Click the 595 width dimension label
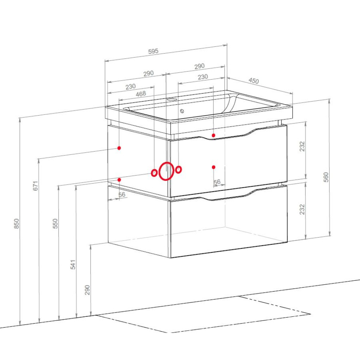[153, 51]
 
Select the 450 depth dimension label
[254, 81]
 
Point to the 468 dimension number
[141, 94]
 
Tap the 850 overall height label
[17, 224]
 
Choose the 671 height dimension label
[35, 186]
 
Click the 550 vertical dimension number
[55, 224]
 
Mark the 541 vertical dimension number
[73, 265]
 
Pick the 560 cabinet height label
[326, 177]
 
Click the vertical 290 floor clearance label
[87, 290]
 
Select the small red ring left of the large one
[154, 173]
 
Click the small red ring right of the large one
[179, 170]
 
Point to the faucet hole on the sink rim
[171, 100]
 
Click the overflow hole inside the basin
[182, 111]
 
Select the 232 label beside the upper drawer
[302, 146]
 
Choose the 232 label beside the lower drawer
[302, 209]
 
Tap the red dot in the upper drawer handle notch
[213, 135]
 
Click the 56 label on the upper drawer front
[217, 182]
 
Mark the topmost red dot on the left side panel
[119, 148]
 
